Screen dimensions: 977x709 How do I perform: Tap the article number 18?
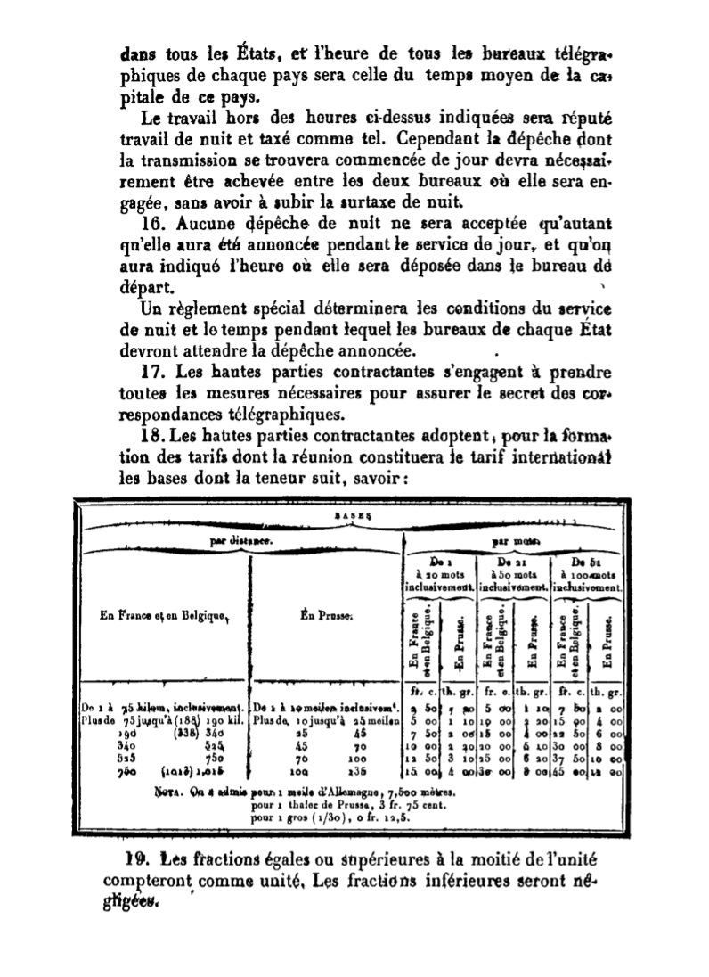coord(154,436)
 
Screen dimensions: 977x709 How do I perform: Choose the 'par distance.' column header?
coord(236,540)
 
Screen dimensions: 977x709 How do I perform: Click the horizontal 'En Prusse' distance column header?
coord(324,616)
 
